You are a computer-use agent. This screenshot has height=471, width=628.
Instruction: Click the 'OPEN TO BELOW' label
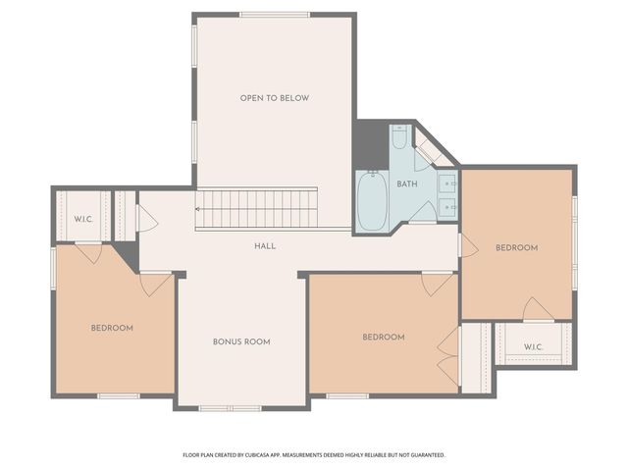(x=275, y=98)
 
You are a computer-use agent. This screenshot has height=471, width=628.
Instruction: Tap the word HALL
(x=265, y=246)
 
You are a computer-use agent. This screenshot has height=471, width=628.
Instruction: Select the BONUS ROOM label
(x=241, y=341)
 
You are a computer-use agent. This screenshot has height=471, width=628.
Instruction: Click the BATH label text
(x=407, y=183)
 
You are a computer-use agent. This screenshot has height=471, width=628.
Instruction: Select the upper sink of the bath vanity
(x=447, y=183)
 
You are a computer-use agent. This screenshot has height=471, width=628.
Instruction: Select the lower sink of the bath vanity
(x=447, y=206)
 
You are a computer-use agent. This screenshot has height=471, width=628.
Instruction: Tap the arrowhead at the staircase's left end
(x=199, y=208)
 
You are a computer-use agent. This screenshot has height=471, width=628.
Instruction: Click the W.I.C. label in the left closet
(x=82, y=219)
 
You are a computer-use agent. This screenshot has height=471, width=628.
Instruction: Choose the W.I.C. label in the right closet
(x=533, y=346)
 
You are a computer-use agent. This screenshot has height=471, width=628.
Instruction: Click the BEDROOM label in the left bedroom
(x=112, y=328)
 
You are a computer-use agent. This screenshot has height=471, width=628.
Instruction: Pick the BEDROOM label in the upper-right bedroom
(x=516, y=248)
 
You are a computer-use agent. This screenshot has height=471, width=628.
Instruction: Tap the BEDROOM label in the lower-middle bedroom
(x=384, y=338)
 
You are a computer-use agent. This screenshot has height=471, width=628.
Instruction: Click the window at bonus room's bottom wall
(x=230, y=407)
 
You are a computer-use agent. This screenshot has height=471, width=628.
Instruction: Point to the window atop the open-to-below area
(x=275, y=15)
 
